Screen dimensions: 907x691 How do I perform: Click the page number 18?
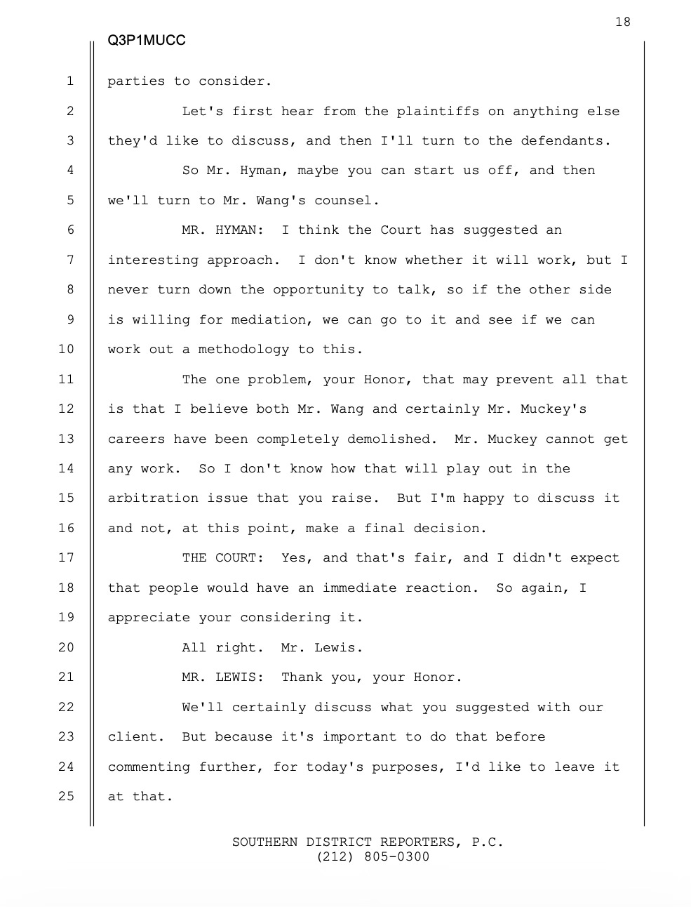point(623,22)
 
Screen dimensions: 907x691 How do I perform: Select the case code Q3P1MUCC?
point(147,41)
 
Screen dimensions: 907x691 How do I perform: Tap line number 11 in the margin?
point(66,379)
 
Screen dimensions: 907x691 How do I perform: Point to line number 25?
point(66,796)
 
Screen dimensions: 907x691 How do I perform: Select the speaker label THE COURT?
point(222,558)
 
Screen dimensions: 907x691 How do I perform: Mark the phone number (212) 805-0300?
point(373,856)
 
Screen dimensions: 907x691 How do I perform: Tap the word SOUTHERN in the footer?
point(264,842)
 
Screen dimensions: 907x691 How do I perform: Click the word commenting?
point(149,767)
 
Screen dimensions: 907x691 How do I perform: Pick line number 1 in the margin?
point(70,81)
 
